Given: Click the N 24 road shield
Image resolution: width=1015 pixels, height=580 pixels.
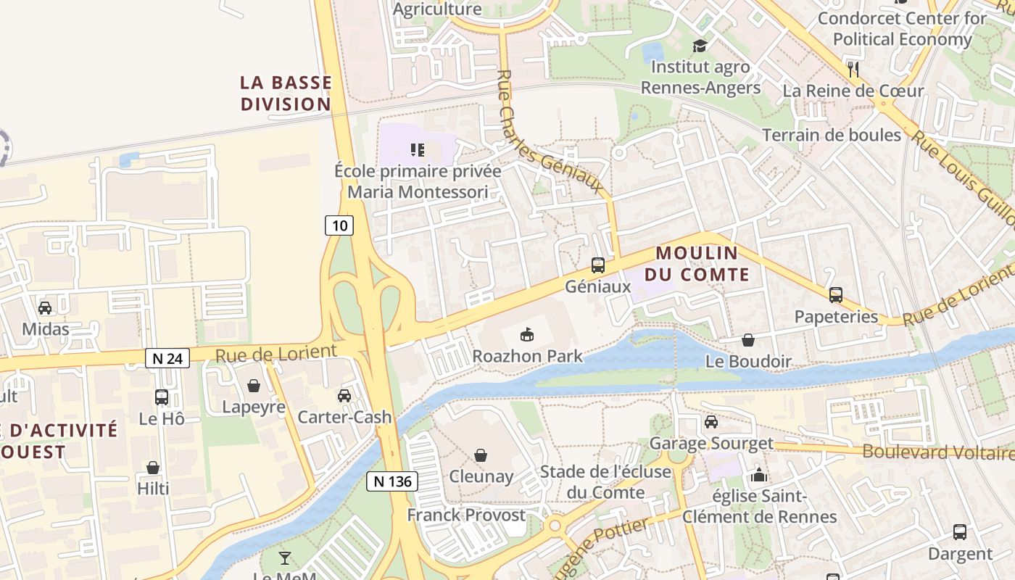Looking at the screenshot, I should point(167,357).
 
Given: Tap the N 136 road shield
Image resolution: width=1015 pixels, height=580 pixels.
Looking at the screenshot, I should point(392,481).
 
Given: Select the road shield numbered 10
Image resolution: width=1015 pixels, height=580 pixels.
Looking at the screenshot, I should point(339,225).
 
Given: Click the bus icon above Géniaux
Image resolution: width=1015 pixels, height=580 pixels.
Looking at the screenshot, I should point(598,265).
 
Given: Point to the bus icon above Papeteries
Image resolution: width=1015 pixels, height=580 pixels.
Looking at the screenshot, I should point(836,295).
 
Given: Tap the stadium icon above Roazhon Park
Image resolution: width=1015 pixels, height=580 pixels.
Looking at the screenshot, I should point(527,334).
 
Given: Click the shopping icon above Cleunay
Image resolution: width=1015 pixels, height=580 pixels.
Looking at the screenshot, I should point(481,455).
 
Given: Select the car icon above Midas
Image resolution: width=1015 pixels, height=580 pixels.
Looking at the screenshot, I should point(45,307).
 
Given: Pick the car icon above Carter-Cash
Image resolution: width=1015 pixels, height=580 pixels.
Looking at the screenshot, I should point(344,395).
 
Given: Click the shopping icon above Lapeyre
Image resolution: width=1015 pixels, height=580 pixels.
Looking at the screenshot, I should point(254,385).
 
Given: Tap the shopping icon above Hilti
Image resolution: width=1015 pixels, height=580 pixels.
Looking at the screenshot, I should point(153,467).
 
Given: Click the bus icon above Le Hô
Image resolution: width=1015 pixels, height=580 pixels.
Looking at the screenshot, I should point(162,397).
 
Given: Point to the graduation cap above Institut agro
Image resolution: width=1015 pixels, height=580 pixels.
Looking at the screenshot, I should point(700,46).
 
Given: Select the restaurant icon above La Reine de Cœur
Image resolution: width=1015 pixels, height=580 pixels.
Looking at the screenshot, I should point(853,69).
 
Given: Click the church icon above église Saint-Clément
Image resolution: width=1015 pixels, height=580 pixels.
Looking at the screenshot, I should point(759,475).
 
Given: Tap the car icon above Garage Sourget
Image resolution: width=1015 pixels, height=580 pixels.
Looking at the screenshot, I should point(711,421).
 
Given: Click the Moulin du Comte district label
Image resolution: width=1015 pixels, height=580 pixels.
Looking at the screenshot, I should point(702,264).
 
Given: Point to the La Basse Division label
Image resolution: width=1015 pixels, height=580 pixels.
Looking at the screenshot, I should point(286,94).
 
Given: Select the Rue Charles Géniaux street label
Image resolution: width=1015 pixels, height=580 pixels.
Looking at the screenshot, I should point(551,132).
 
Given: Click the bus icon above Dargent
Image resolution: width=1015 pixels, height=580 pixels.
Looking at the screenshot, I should point(960,532).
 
